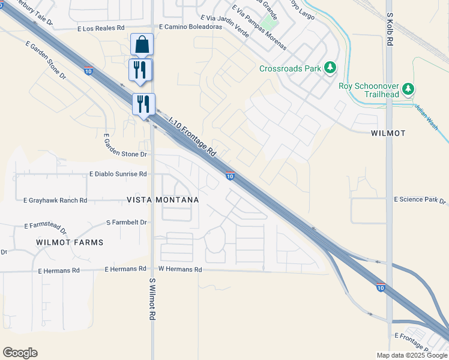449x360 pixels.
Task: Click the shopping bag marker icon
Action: click(142, 44)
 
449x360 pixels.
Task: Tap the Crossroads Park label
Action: click(290, 68)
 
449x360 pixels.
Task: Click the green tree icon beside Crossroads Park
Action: click(330, 68)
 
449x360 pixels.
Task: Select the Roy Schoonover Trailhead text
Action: click(369, 86)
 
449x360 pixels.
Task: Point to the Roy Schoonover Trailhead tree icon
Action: click(408, 89)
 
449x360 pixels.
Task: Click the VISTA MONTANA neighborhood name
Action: click(162, 199)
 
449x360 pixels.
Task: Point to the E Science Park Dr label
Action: click(420, 200)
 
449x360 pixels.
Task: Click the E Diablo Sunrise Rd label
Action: click(118, 174)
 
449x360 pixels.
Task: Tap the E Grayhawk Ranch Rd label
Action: click(55, 200)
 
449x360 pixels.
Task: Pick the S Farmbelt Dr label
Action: click(126, 222)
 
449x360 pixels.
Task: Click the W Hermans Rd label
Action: click(179, 269)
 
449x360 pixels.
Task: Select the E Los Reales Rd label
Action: click(101, 28)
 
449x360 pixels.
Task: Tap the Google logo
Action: click(20, 353)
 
